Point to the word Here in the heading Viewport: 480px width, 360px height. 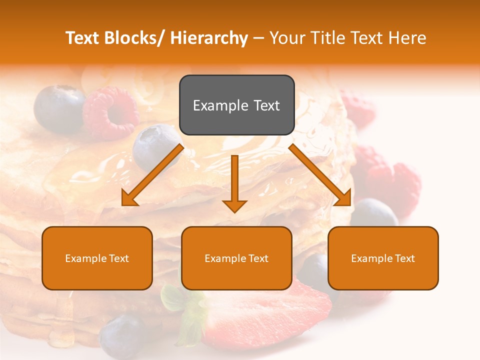(408, 38)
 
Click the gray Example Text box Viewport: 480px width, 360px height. (236, 105)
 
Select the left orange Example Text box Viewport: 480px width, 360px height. (97, 258)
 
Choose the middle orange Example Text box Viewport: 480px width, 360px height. (236, 258)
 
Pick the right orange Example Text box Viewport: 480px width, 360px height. (383, 258)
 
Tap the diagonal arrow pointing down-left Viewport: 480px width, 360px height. (152, 175)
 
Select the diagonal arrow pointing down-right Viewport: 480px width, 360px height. (320, 175)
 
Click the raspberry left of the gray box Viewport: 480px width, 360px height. (110, 112)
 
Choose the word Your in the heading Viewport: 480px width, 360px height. (286, 38)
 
